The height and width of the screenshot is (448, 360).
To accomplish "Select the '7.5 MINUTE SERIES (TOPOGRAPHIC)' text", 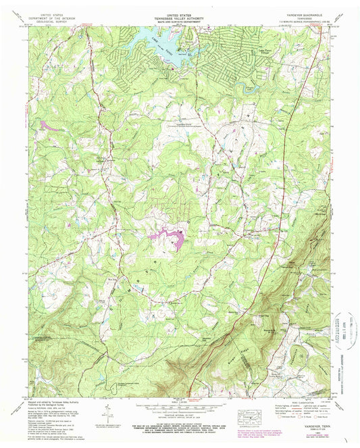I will tap(297, 17).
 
